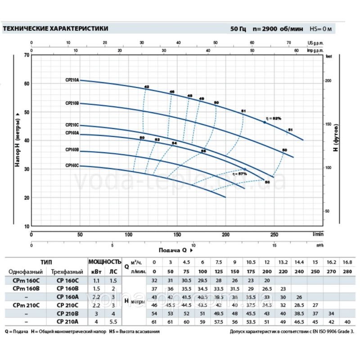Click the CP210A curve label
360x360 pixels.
coord(72,80)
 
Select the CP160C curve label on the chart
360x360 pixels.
coord(72,166)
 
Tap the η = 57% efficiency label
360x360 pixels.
coord(240,173)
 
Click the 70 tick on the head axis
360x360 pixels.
coord(26,55)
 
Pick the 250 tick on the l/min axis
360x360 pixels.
coord(274,234)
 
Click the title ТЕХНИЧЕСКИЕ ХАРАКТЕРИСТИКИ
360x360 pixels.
coord(55,28)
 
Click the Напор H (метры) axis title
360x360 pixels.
coord(18,140)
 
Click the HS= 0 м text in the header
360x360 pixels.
coord(322,29)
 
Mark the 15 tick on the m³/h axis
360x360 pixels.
coord(274,245)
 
